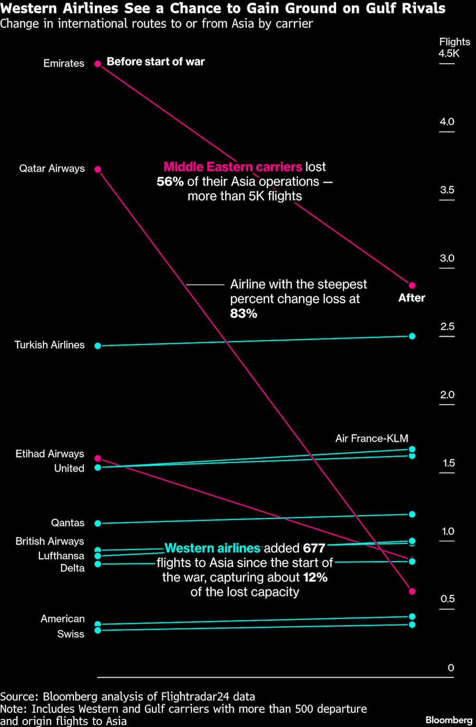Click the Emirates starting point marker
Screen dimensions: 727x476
pos(98,64)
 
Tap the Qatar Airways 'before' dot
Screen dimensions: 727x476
pos(98,169)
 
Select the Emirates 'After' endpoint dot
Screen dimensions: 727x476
pos(412,285)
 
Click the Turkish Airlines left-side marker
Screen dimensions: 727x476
pos(98,346)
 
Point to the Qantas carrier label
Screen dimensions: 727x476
pos(68,523)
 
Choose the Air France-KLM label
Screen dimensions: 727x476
pos(371,438)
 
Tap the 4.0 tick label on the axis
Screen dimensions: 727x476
pos(447,122)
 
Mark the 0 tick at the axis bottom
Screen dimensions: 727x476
pos(451,668)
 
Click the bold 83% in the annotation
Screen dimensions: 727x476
pos(244,314)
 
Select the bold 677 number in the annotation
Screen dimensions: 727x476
pos(314,548)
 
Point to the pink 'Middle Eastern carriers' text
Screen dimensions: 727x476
pos(233,167)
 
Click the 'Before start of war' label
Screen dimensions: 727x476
pos(156,62)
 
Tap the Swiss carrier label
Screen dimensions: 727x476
pos(70,634)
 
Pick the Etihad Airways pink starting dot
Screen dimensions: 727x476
pos(98,458)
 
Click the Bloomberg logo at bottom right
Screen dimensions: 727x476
pos(449,720)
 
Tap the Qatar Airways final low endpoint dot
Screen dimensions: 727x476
pos(412,591)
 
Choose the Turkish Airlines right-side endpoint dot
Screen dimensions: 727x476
pos(412,336)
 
